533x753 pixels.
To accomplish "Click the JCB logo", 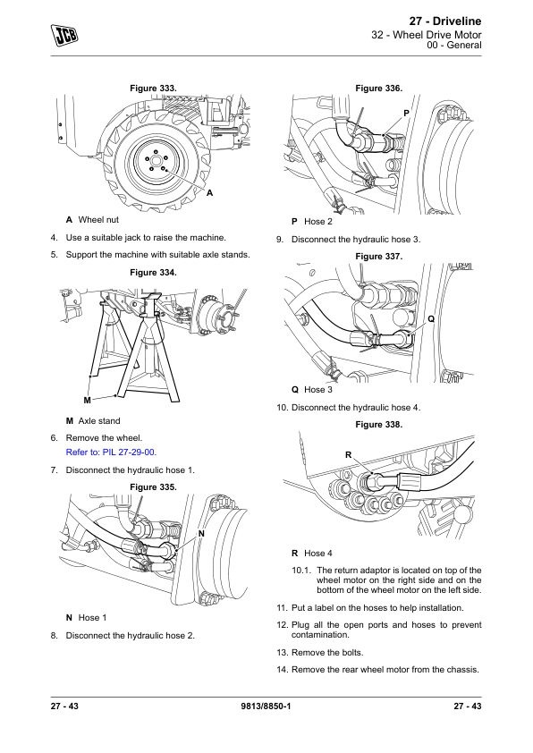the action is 64,36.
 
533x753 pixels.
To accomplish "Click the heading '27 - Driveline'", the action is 445,21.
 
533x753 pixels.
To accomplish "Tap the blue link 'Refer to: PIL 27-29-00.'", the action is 111,453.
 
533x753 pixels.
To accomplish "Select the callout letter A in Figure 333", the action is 209,193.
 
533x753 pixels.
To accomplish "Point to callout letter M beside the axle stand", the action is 87,400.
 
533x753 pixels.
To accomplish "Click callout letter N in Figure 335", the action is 201,534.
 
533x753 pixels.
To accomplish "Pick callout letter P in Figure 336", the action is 406,114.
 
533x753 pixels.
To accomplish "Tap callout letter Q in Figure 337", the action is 431,319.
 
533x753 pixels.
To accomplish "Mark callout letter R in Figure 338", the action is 348,455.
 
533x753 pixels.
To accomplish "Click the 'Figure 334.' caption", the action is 153,273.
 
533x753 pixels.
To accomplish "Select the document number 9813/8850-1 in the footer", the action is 266,706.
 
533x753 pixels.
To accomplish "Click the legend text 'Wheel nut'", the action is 98,220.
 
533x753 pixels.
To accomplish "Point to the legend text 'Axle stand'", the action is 99,421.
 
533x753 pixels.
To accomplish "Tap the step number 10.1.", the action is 301,571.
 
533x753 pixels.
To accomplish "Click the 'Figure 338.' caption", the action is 379,425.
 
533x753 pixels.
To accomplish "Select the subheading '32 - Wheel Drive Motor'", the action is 427,35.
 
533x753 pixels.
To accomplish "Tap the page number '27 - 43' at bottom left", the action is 64,706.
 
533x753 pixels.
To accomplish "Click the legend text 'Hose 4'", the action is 317,554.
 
